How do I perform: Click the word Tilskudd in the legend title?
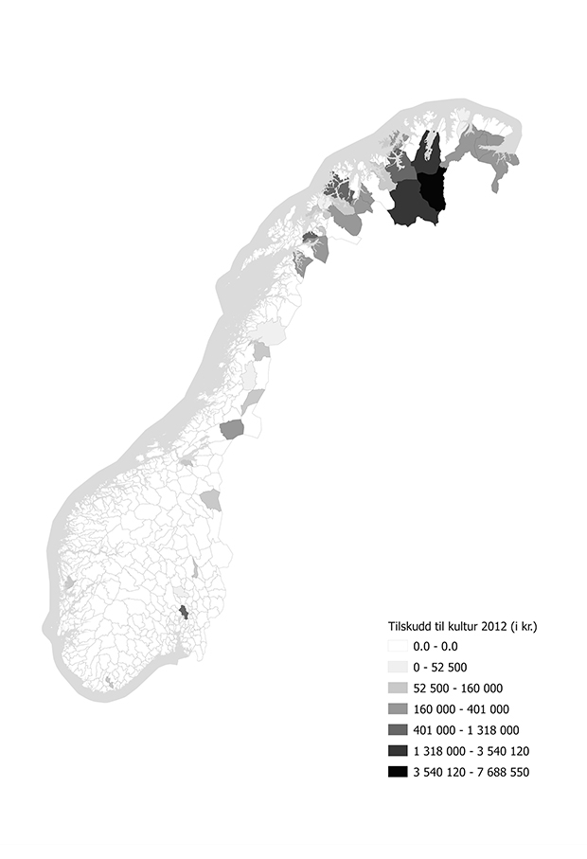coord(410,626)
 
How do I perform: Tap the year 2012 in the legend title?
coord(489,626)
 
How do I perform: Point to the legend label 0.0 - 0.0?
coord(435,646)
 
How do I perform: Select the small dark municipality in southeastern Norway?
coord(185,612)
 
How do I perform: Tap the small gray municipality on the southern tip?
coord(110,681)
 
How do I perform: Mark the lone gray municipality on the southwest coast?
coord(69,584)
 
